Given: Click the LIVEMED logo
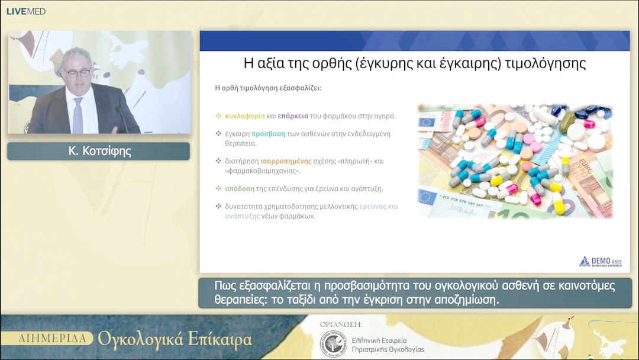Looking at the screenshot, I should click(x=26, y=11).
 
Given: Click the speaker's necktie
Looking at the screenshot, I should click(x=78, y=115).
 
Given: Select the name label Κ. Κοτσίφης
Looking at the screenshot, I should click(x=98, y=152).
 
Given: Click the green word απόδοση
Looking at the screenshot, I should click(x=240, y=188).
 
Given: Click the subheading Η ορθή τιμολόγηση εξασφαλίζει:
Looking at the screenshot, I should click(x=268, y=88).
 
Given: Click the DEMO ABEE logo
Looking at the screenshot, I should click(x=600, y=262).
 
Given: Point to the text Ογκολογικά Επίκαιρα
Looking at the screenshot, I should click(x=175, y=339).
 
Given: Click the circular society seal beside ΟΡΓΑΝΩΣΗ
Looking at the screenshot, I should click(x=332, y=344).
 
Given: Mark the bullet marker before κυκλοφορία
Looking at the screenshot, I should click(x=218, y=116).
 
